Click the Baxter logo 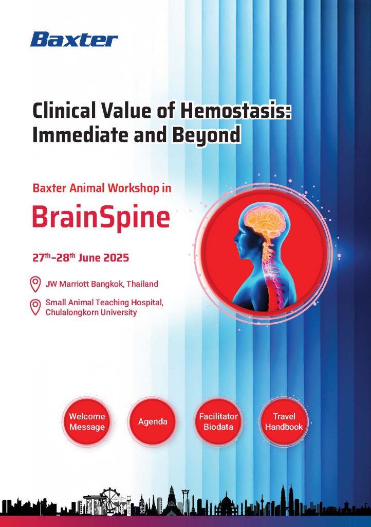coord(74,39)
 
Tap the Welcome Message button coord(87,421)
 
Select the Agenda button coord(153,421)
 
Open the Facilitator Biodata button coord(218,421)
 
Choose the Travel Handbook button coord(284,421)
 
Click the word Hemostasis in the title coord(235,111)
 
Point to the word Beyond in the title coord(206,135)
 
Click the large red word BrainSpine coord(101,217)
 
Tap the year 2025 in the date coord(116,258)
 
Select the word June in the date coord(89,258)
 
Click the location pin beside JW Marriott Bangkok coord(35,284)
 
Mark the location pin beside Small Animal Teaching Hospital coord(35,307)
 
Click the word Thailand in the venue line coord(142,284)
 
